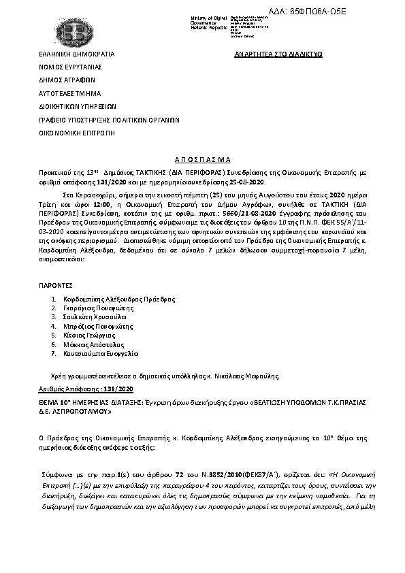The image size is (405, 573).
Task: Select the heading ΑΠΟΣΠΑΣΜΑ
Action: (x=203, y=155)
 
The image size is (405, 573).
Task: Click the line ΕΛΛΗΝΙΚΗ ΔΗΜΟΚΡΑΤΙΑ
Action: (x=76, y=53)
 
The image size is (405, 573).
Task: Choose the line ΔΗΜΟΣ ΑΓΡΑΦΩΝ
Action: (x=67, y=80)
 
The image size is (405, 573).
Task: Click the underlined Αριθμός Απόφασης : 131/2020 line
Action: (x=85, y=388)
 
